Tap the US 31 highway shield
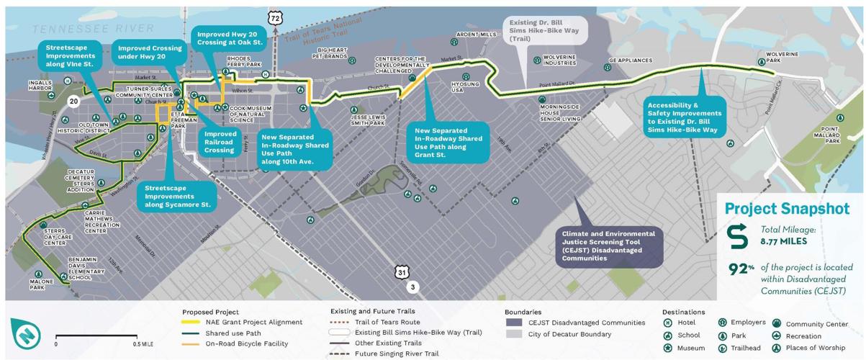[402, 271]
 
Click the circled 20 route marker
[73, 103]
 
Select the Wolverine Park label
[781, 57]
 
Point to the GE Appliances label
[630, 60]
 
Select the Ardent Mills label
[477, 35]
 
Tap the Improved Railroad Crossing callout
[220, 142]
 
